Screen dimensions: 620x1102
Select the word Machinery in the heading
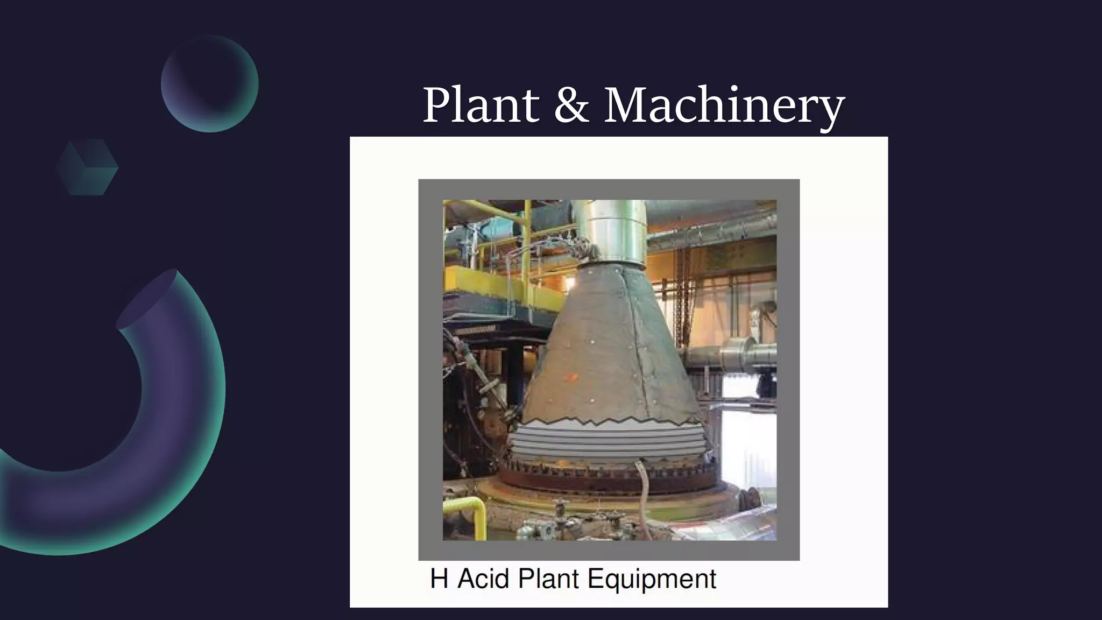point(724,106)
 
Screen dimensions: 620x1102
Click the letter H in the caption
point(439,579)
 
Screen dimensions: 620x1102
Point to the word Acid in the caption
point(483,579)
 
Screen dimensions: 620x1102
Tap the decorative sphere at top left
point(209,84)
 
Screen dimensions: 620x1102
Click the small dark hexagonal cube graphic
point(87,167)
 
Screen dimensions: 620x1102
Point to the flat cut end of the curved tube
point(147,299)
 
